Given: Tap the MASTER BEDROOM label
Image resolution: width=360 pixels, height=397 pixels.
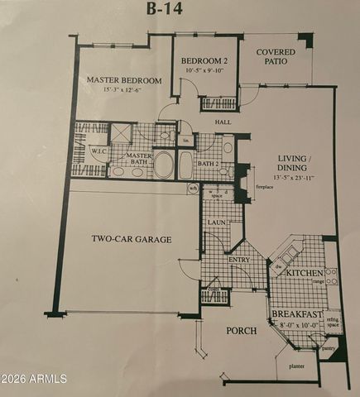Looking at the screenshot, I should tap(124, 80).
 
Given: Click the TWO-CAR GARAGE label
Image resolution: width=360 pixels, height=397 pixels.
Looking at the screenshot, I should tap(132, 239).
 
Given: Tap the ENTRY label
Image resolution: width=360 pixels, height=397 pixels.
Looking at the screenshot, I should tap(239, 260).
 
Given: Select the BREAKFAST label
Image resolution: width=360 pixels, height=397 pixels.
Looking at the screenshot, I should tap(297, 314).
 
